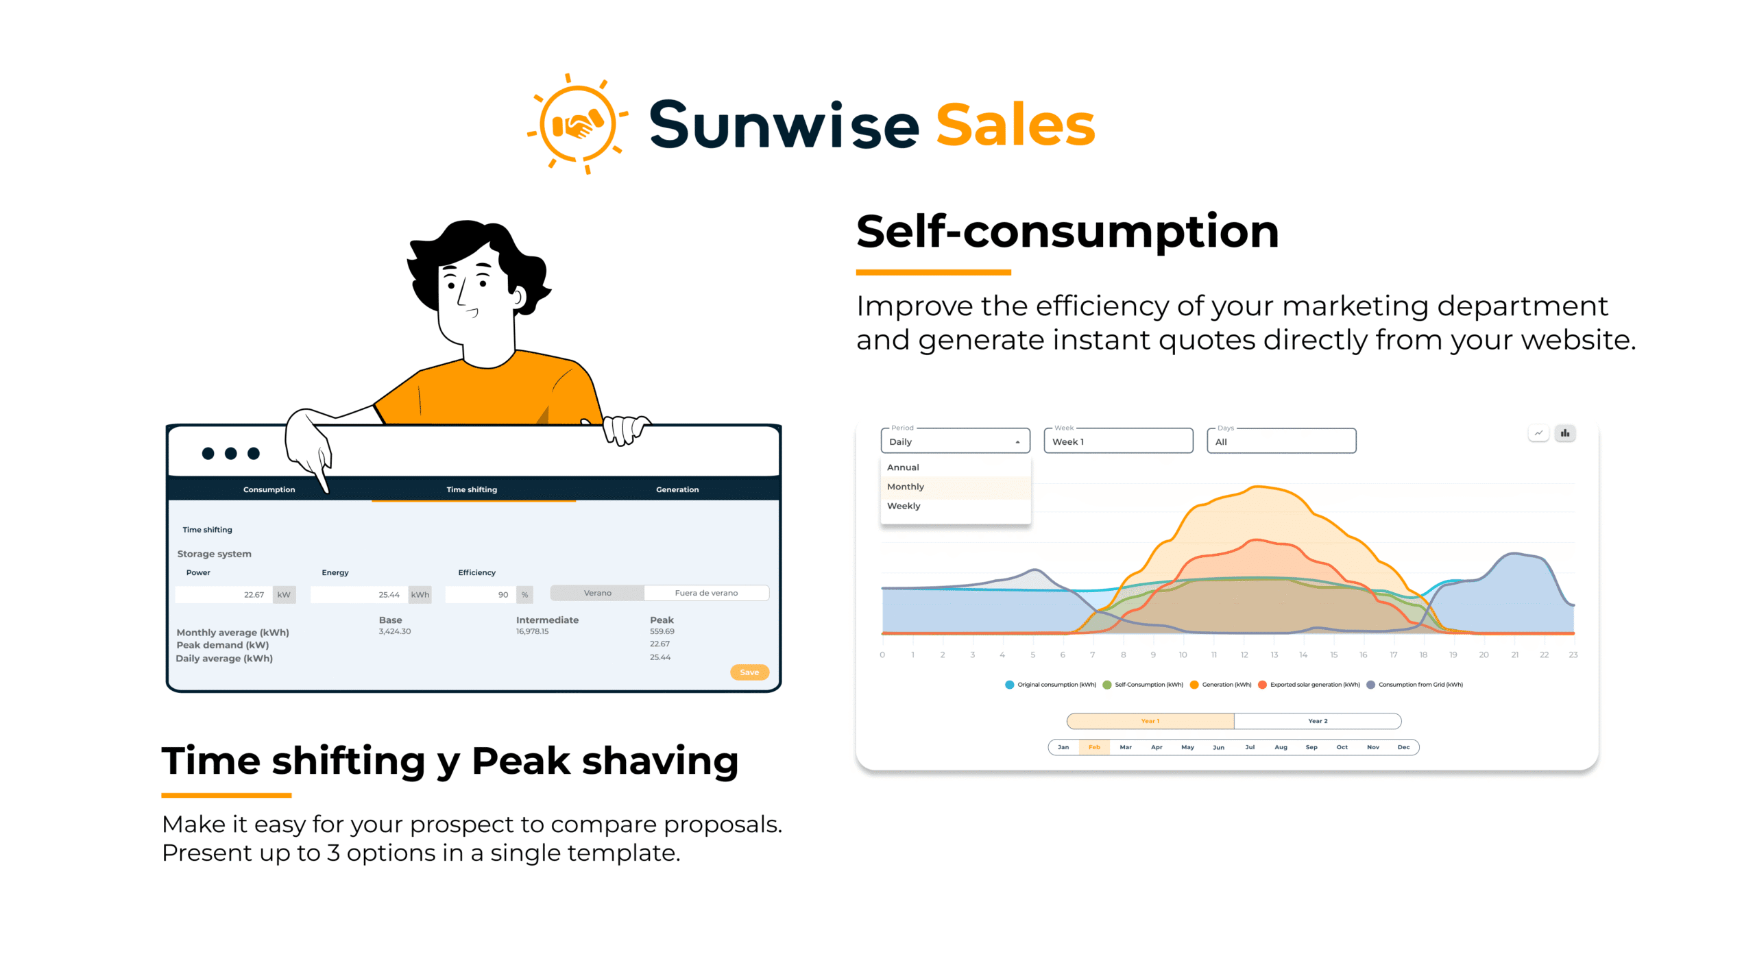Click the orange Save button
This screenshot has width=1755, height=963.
pos(749,672)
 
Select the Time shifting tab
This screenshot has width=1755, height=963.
pos(472,489)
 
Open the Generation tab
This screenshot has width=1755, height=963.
pos(677,489)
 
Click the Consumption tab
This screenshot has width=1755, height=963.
pos(269,489)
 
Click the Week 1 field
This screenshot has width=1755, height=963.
pos(1117,441)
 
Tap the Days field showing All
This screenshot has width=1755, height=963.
pos(1281,441)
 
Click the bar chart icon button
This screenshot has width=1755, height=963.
pos(1564,433)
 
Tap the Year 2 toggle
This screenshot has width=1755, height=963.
pos(1317,721)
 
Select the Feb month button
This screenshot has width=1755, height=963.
pos(1093,747)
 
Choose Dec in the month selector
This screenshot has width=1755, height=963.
pos(1403,747)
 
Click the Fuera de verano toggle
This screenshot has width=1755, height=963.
pos(706,593)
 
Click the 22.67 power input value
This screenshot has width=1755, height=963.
pos(254,595)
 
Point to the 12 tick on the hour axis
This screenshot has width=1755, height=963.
pos(1244,655)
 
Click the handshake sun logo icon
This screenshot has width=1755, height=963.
pos(577,124)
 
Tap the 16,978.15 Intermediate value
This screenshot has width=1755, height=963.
pos(532,632)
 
